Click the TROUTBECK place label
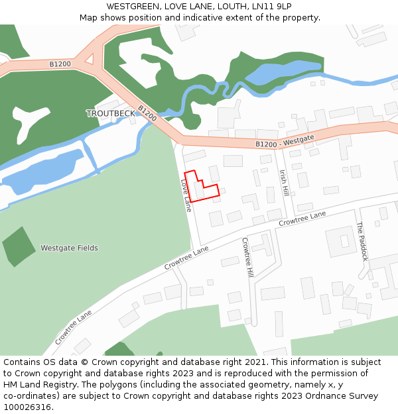point(110,113)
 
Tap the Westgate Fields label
point(69,248)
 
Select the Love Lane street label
point(186,195)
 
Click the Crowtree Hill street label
point(247,257)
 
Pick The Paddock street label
point(362,241)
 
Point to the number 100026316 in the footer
point(27,407)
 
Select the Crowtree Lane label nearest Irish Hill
point(302,219)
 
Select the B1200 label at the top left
point(60,64)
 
